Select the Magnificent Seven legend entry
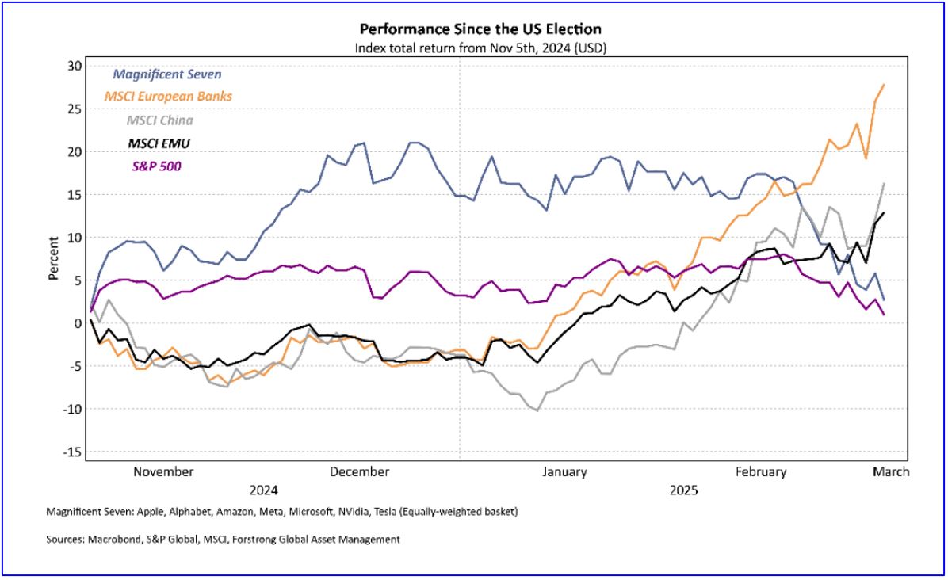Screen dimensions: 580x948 coord(167,74)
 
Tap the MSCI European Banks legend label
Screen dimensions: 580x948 coord(173,97)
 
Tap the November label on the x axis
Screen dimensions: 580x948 coord(163,472)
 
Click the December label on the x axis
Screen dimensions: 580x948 coord(359,472)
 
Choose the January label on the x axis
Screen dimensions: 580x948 coord(564,472)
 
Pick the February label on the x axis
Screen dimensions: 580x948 coord(761,472)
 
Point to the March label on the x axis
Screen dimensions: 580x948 coord(892,472)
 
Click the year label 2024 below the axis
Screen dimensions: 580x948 coord(263,490)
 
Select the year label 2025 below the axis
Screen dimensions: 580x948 coord(682,490)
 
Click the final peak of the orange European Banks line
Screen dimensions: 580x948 coord(884,85)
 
